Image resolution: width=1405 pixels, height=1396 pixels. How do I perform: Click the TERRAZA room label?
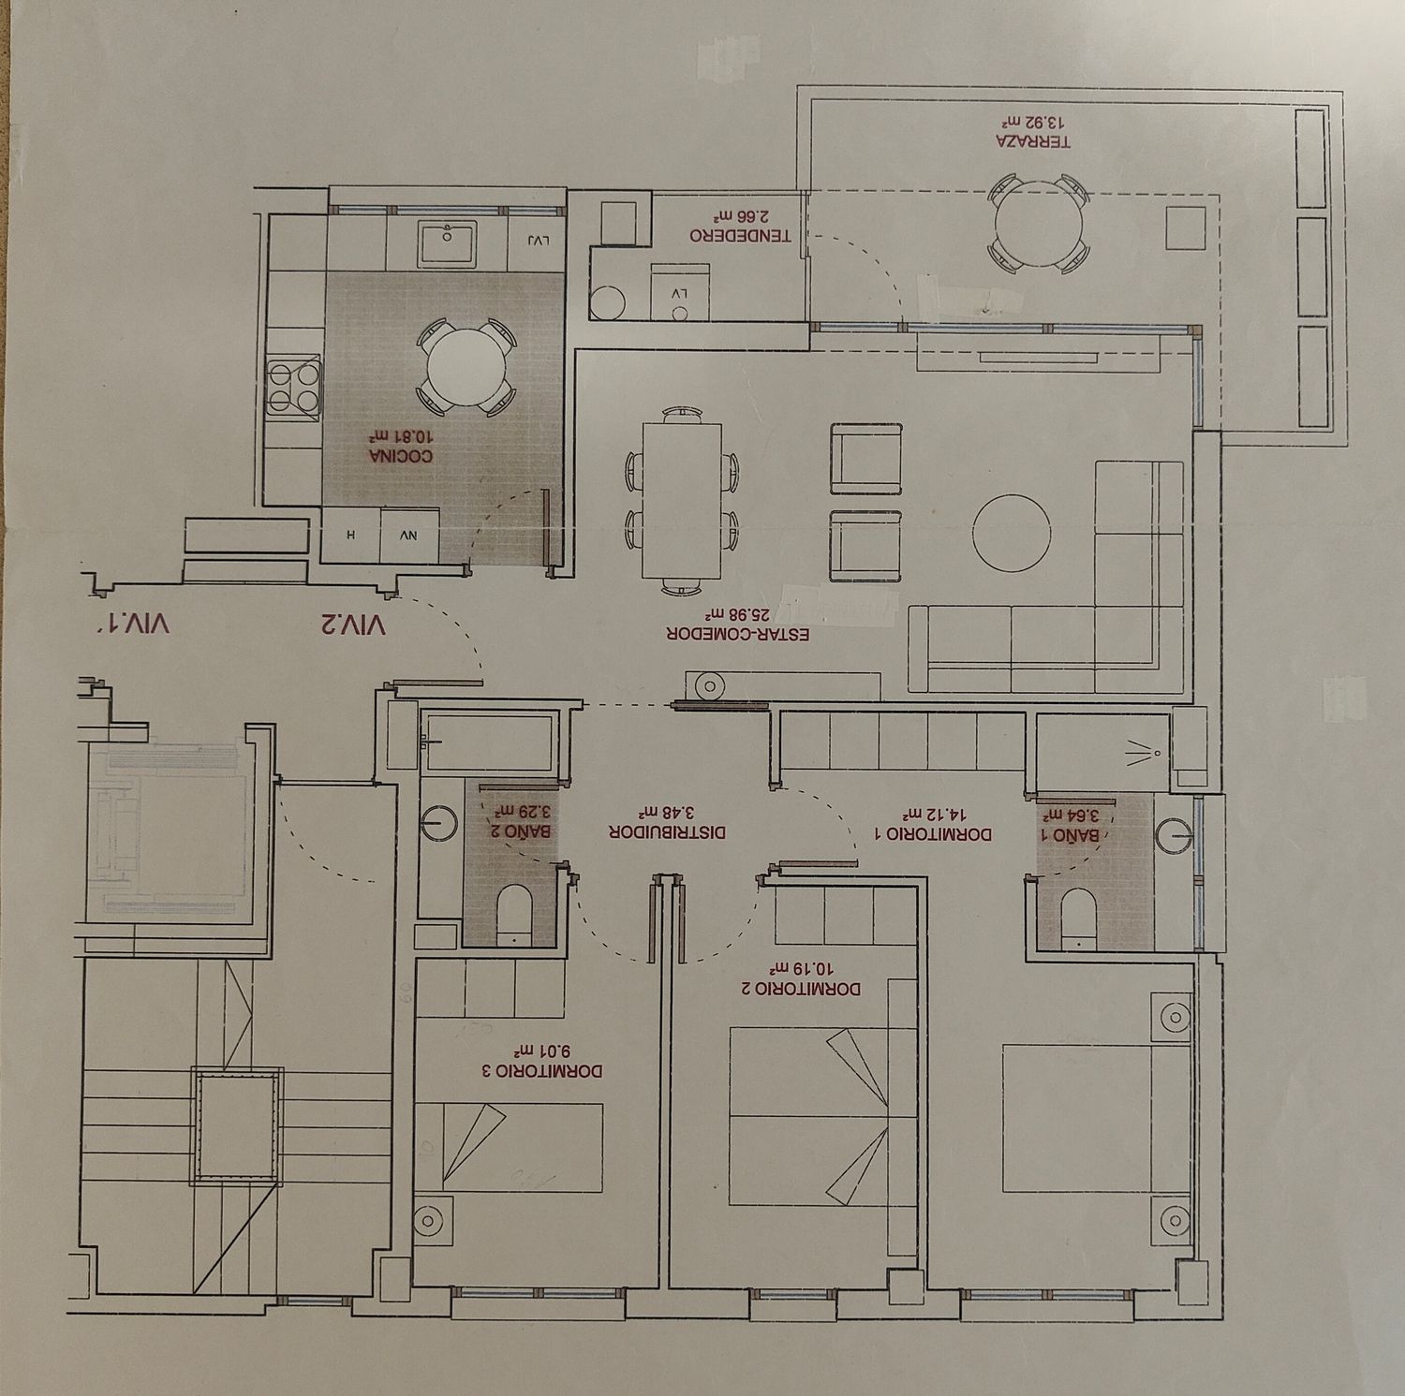click(x=1034, y=141)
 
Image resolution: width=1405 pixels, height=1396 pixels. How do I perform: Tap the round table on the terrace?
click(x=1039, y=225)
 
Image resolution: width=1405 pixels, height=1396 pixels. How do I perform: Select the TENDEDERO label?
click(x=741, y=235)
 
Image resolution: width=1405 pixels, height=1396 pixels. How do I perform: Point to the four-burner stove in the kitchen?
click(x=294, y=387)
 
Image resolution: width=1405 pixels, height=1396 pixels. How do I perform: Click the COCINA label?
click(x=401, y=457)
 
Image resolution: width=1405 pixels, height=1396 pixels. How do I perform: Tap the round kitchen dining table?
click(x=465, y=367)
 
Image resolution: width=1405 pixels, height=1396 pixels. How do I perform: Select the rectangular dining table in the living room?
click(x=683, y=501)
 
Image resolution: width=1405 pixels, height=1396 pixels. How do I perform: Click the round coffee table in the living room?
click(x=1011, y=533)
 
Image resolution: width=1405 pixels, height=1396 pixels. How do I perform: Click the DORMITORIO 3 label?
click(x=548, y=1070)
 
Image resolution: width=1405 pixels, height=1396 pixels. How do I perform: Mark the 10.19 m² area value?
click(x=800, y=971)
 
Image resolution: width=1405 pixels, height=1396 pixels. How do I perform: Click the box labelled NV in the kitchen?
click(x=408, y=536)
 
